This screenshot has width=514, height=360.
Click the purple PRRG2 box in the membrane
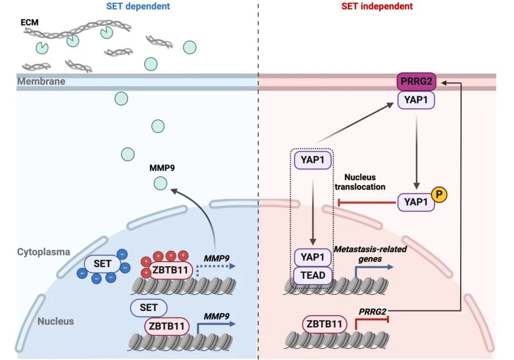click(x=416, y=81)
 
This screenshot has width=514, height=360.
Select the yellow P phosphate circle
click(x=439, y=194)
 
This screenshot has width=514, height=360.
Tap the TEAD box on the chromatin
click(x=313, y=275)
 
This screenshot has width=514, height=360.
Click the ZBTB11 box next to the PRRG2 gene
click(x=324, y=324)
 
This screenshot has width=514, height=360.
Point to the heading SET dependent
click(x=138, y=6)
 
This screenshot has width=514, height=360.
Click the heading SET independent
click(x=377, y=6)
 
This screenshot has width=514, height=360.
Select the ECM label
click(x=30, y=22)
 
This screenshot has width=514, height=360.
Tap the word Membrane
click(x=41, y=81)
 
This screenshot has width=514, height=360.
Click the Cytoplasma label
click(x=44, y=252)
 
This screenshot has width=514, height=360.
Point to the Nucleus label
click(x=56, y=321)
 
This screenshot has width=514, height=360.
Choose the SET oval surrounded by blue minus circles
click(x=102, y=264)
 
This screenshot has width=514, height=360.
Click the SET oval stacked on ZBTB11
click(x=148, y=308)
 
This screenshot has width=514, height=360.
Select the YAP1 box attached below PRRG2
click(x=416, y=100)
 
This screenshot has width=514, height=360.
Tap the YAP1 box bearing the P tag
click(x=416, y=202)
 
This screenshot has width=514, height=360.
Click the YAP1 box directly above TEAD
click(x=313, y=257)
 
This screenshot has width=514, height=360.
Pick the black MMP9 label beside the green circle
click(x=162, y=168)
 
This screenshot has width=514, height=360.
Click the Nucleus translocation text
click(x=360, y=182)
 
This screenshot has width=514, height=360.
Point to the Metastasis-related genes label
click(x=370, y=254)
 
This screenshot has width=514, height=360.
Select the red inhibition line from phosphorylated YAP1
click(x=367, y=203)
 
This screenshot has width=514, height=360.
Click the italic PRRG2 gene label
click(x=372, y=311)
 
